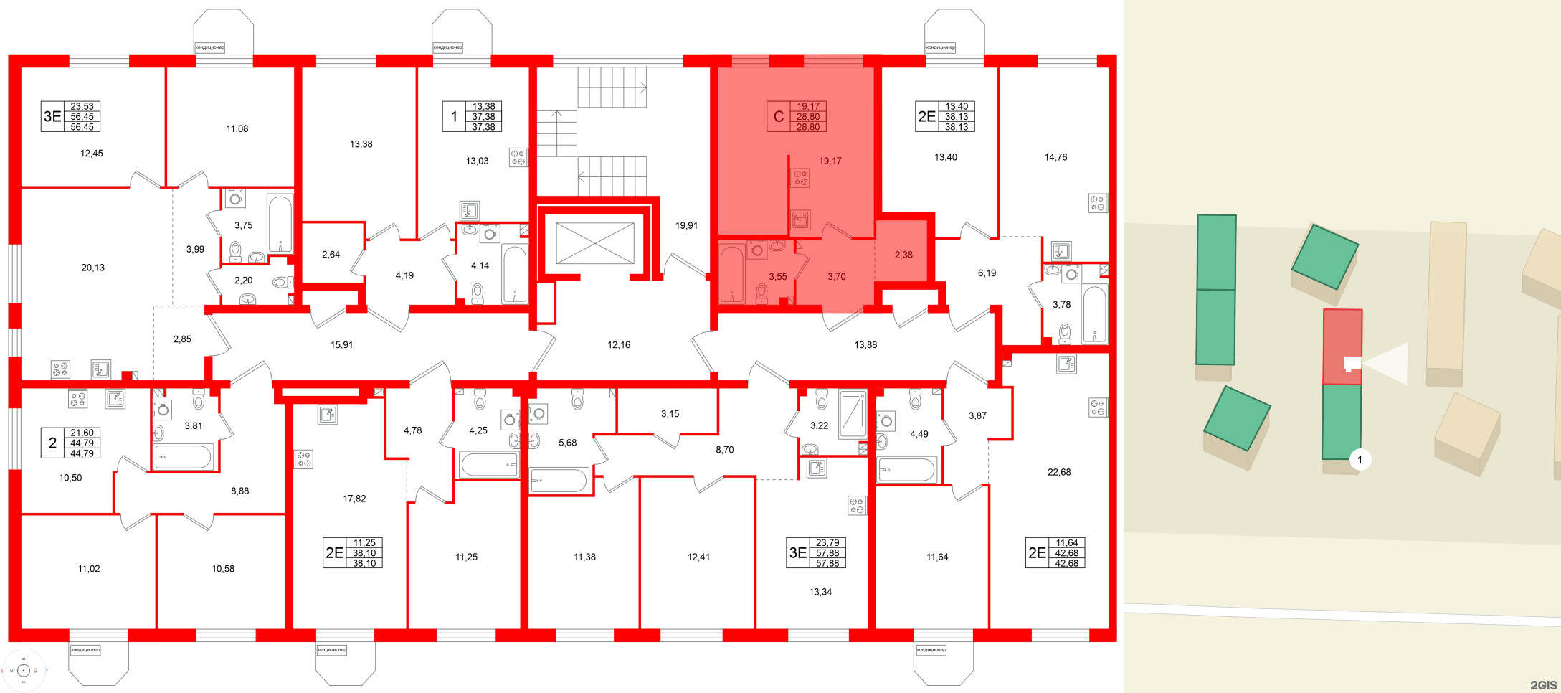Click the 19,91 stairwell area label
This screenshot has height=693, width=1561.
(686, 225)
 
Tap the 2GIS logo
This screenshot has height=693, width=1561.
(1543, 685)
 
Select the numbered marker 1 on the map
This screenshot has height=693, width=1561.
(1360, 460)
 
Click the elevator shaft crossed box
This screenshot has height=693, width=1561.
(595, 243)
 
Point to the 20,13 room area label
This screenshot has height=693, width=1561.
(92, 268)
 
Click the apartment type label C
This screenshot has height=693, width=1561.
(778, 117)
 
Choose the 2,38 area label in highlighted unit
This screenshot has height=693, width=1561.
(903, 255)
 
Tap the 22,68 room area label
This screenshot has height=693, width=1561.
(1059, 472)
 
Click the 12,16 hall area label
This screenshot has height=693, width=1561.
(619, 345)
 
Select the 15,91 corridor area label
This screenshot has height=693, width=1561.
(341, 345)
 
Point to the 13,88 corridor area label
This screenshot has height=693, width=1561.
(865, 345)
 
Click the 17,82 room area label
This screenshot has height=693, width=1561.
(354, 499)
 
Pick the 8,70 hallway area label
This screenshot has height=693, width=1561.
(724, 450)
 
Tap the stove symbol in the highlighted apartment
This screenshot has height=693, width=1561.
(800, 178)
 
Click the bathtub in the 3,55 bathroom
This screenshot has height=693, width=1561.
(732, 273)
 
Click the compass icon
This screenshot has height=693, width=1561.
(24, 671)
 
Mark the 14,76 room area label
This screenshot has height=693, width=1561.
(1055, 157)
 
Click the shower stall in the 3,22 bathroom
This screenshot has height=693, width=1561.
(853, 414)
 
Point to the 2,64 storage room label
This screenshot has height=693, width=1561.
(331, 255)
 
